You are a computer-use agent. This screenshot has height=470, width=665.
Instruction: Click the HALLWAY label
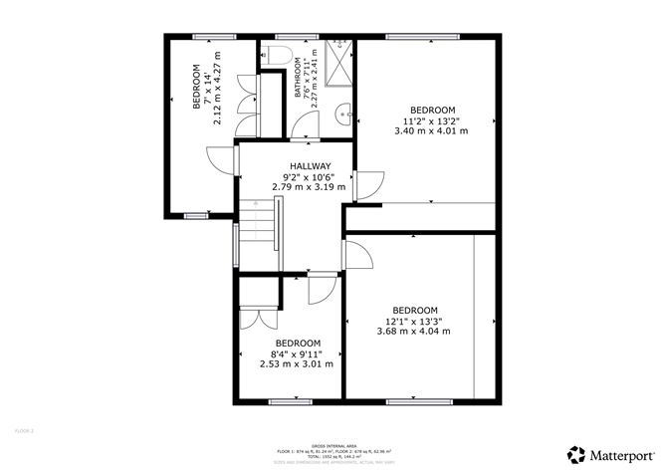[x=310, y=165]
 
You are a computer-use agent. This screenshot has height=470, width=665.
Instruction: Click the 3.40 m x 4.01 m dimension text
[x=431, y=130]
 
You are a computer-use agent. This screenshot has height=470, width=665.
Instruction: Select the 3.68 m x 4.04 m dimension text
[x=414, y=331]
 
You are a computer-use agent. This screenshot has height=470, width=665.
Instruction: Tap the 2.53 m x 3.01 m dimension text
[x=296, y=364]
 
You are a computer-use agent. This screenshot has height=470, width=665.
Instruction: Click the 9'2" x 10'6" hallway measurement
[x=310, y=176]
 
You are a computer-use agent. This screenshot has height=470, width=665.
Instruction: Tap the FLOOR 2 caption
[x=25, y=431]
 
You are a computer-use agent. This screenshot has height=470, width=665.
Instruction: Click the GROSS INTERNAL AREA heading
[x=332, y=445]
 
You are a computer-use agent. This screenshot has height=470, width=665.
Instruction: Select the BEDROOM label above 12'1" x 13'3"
[x=414, y=310]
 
